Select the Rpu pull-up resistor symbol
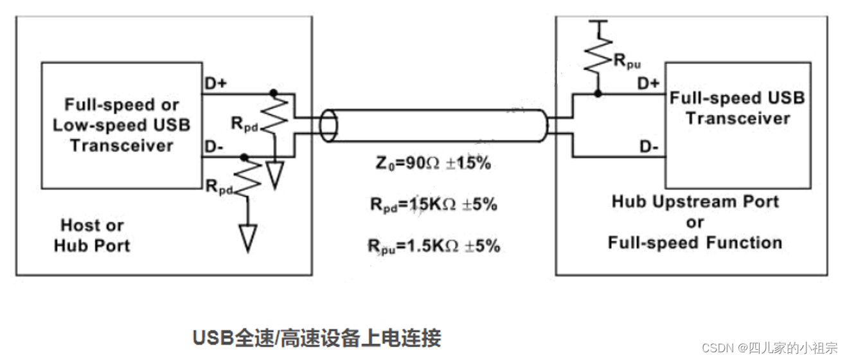pyautogui.click(x=598, y=55)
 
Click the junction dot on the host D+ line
pyautogui.click(x=274, y=93)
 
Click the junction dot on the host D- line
pyautogui.click(x=244, y=156)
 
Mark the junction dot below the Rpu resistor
pyautogui.click(x=598, y=93)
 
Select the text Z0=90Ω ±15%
pyautogui.click(x=434, y=164)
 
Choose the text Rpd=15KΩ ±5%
pyautogui.click(x=434, y=205)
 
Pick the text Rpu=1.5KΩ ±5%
pyautogui.click(x=434, y=246)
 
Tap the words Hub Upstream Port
pyautogui.click(x=695, y=202)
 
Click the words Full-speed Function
pyautogui.click(x=695, y=242)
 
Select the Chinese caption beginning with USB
pyautogui.click(x=317, y=337)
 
